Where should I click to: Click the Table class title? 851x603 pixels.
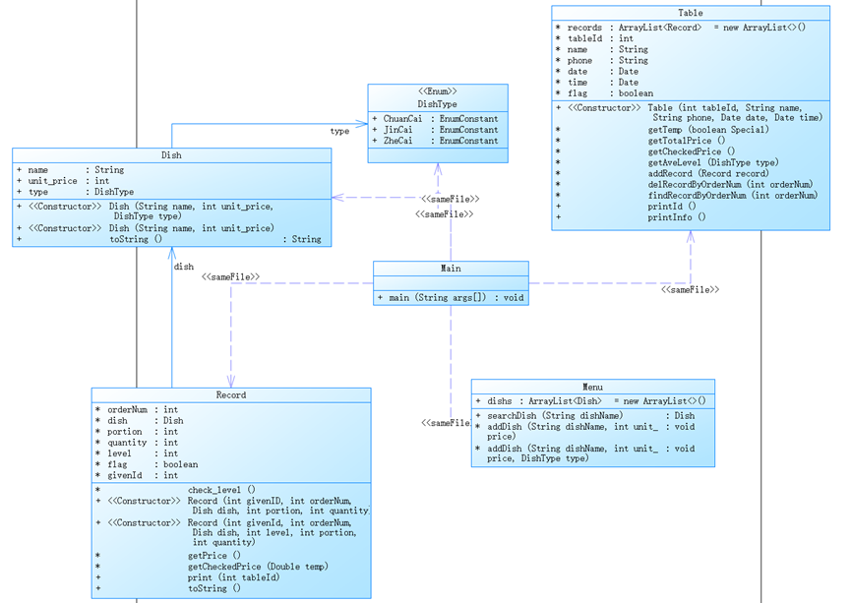[691, 13]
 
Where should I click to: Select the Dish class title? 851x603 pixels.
[171, 155]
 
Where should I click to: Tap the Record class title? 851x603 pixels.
[231, 395]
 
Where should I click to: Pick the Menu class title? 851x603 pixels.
[592, 388]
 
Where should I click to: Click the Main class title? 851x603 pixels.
[451, 269]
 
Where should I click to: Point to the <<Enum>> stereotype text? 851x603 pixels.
[438, 91]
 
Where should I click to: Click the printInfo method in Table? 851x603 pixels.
[677, 217]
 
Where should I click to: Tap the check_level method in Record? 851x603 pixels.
[222, 490]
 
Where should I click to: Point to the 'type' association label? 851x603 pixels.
[339, 131]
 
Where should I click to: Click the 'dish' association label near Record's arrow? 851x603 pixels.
[184, 267]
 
